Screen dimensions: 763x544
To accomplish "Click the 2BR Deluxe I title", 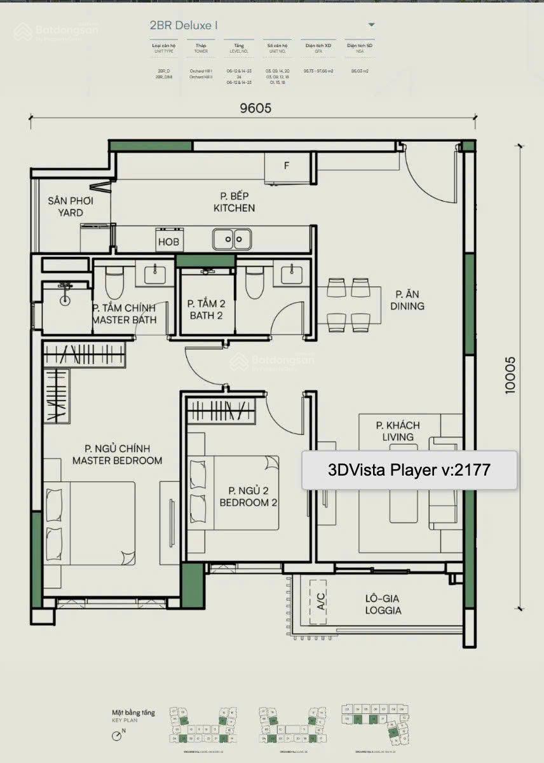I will click(x=184, y=25).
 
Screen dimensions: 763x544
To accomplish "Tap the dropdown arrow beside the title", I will click(x=371, y=25).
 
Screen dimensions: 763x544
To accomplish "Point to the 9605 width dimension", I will click(x=255, y=108).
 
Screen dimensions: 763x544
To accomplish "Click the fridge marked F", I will click(x=287, y=167).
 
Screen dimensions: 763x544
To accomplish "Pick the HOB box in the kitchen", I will click(x=168, y=242).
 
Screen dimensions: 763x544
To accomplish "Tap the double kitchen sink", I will click(x=232, y=240).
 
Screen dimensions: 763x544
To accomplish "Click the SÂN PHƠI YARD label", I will click(x=65, y=207).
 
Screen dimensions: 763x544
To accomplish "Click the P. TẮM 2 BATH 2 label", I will click(x=206, y=310).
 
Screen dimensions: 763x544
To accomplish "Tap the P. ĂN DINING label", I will click(x=409, y=300).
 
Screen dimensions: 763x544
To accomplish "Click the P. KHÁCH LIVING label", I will click(x=397, y=431).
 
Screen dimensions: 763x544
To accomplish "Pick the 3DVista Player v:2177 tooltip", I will click(x=409, y=470).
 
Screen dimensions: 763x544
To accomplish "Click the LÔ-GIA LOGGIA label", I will click(x=383, y=604).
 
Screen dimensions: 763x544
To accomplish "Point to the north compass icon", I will click(x=116, y=736).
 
